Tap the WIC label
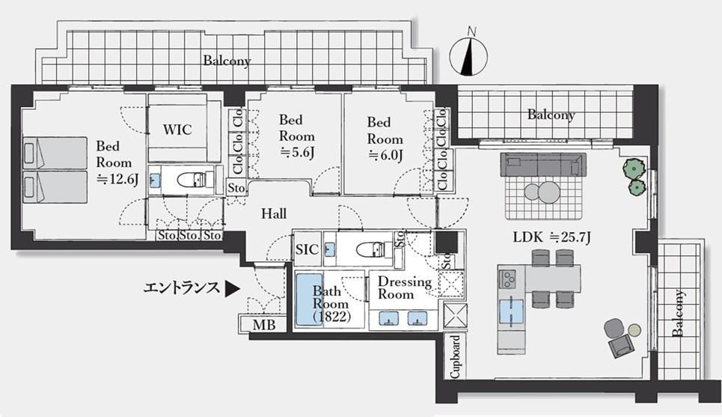pyautogui.click(x=177, y=130)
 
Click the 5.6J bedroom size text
pyautogui.click(x=296, y=153)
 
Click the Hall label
pyautogui.click(x=274, y=214)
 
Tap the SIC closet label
pyautogui.click(x=308, y=250)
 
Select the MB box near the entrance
pyautogui.click(x=263, y=326)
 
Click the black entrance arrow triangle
pyautogui.click(x=233, y=287)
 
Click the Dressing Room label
pyautogui.click(x=404, y=288)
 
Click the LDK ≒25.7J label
pyautogui.click(x=551, y=237)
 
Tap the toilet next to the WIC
pyautogui.click(x=187, y=180)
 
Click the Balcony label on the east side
pyautogui.click(x=677, y=314)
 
